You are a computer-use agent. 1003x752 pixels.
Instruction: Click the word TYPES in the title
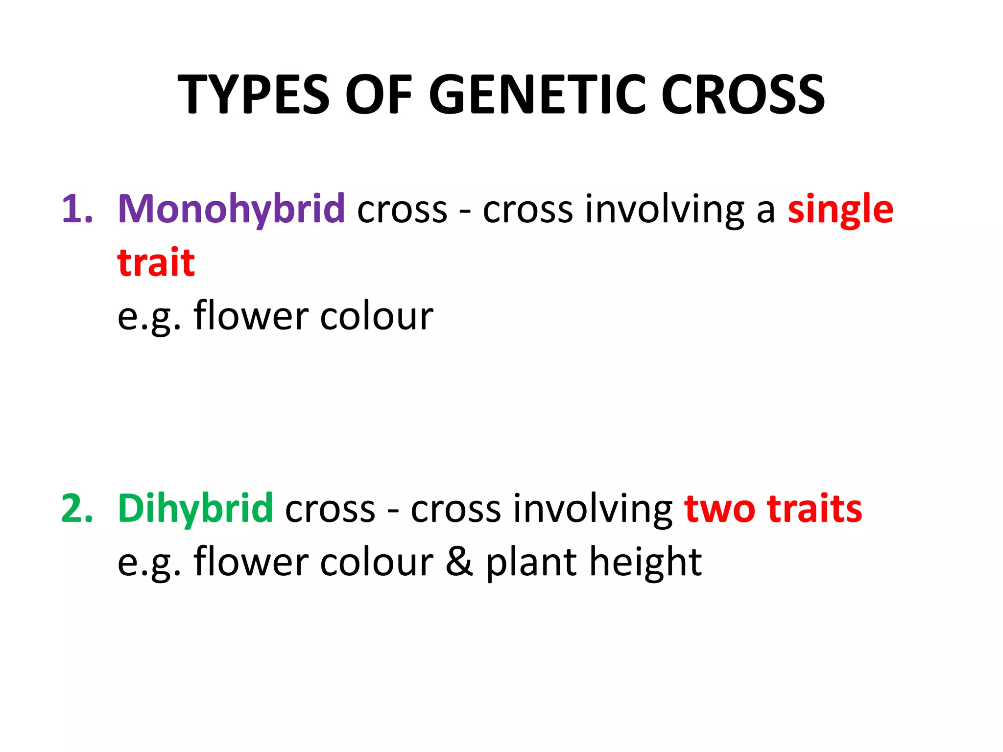pos(253,94)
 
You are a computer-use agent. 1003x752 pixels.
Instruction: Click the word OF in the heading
pos(379,94)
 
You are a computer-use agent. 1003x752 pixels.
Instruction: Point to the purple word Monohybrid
pos(231,210)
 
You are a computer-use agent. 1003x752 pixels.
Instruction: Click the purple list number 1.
pos(77,210)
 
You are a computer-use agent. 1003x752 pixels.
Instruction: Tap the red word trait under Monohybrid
pos(156,262)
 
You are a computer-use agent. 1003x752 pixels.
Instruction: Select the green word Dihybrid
pos(195,509)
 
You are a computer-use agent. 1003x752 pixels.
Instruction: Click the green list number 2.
pos(77,509)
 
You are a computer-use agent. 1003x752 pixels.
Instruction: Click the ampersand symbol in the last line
pos(459,562)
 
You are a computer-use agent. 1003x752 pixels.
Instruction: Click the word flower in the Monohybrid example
pos(251,316)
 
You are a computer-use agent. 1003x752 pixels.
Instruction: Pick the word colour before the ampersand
pos(377,562)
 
